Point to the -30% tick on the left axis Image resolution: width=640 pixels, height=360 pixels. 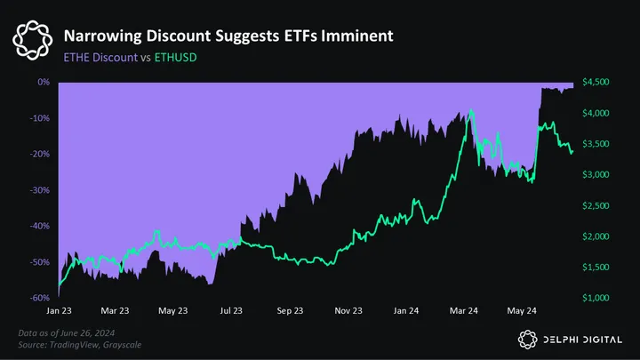click(x=39, y=190)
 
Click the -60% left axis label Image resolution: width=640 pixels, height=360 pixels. click(x=39, y=299)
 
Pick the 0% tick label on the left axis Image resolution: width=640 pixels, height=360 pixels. click(x=43, y=82)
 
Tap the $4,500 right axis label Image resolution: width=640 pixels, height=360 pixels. click(x=595, y=82)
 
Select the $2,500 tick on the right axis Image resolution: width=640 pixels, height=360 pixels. click(x=595, y=205)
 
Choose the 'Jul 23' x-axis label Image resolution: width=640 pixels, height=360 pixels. click(x=231, y=311)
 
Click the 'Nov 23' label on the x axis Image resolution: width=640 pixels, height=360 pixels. click(x=348, y=311)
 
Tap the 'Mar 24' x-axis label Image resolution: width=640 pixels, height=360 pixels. click(x=464, y=311)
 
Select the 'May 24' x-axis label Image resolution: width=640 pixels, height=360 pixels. click(x=521, y=311)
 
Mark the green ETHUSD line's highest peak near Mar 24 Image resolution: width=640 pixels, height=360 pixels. click(x=468, y=113)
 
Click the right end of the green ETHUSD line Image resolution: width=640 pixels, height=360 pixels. click(x=572, y=152)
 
